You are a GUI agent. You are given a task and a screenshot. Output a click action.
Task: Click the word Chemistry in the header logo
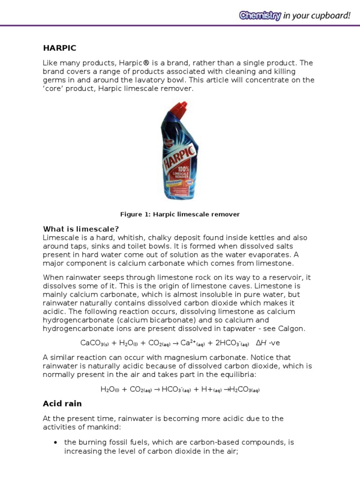[x=260, y=15]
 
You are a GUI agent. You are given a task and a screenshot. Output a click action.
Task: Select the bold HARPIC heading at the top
[x=60, y=48]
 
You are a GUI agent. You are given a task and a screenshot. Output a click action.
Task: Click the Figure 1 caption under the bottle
[x=180, y=214]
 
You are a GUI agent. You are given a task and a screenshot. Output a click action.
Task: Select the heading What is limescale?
[x=81, y=229]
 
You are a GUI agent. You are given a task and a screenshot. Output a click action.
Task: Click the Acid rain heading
[x=62, y=404]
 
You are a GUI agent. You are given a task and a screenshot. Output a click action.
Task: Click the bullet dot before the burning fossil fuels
[x=56, y=442]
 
